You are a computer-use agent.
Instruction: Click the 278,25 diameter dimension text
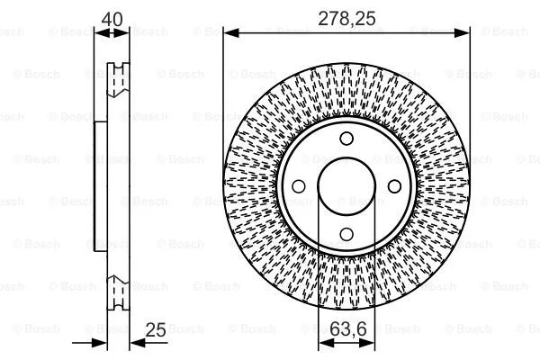point(346,16)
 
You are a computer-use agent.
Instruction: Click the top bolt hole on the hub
point(346,139)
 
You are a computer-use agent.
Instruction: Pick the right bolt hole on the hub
point(393,186)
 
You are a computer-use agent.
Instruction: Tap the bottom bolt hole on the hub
point(346,234)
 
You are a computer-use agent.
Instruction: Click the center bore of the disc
point(346,186)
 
